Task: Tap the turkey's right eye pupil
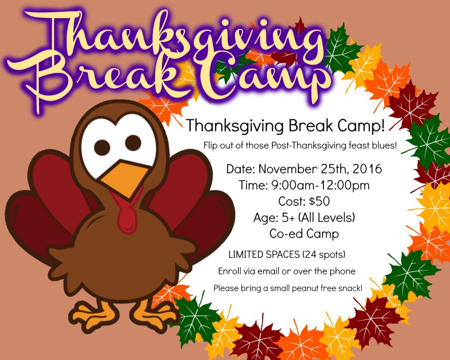[x=133, y=143]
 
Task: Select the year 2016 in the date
[x=367, y=169]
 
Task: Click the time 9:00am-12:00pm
[x=320, y=185]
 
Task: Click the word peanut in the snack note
[x=305, y=288]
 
